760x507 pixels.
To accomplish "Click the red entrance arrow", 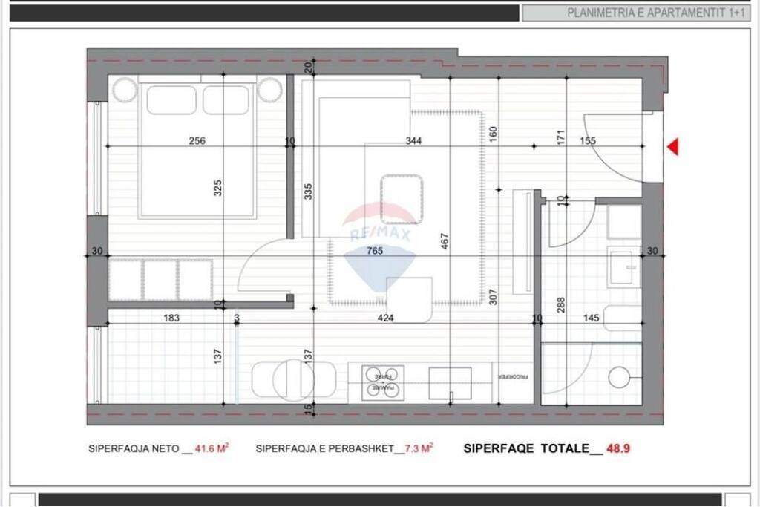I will [673, 148].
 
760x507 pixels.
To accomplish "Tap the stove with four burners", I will [383, 382].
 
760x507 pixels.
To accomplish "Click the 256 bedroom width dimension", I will [197, 141].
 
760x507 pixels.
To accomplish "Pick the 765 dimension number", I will [375, 251].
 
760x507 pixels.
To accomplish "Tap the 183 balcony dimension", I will [171, 318].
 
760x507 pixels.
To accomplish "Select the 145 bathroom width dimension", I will [591, 318].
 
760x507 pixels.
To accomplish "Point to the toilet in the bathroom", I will [621, 376].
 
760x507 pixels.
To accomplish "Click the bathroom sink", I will [622, 266].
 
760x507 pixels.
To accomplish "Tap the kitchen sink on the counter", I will [451, 383].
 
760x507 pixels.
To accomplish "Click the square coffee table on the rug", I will [402, 199].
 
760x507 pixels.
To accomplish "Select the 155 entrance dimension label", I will [587, 141].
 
